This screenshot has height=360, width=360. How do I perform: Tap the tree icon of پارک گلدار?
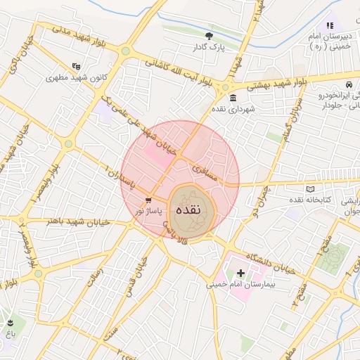[x=208, y=36]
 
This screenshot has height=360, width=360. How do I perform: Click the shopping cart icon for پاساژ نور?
[x=148, y=200]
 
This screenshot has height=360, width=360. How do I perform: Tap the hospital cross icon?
[x=240, y=273]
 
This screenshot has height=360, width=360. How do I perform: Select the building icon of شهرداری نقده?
[x=233, y=98]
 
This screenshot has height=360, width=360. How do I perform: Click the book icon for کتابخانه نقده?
[x=311, y=188]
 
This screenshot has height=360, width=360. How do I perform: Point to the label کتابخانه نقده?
[x=309, y=200]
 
